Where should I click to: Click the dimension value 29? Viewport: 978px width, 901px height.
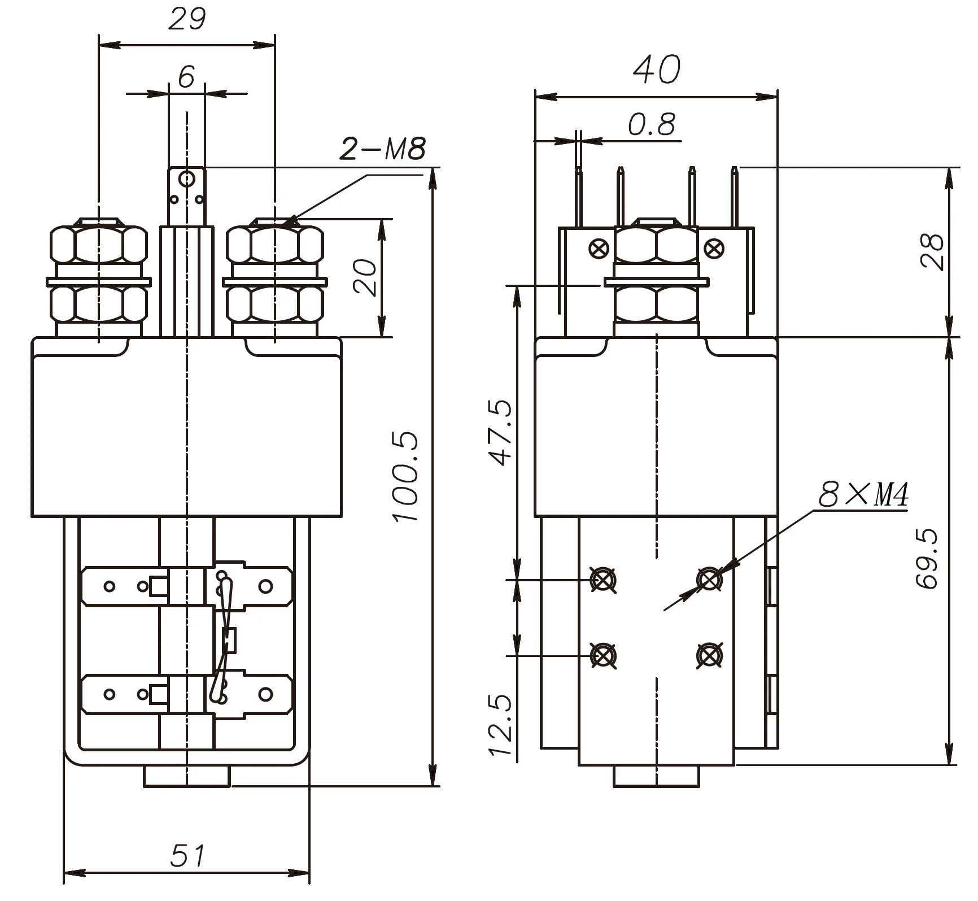[187, 20]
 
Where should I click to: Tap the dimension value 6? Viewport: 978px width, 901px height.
[186, 77]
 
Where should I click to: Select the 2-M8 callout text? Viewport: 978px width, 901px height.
[382, 150]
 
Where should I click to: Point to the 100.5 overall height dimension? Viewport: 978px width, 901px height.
[407, 476]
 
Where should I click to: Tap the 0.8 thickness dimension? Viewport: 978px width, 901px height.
[651, 125]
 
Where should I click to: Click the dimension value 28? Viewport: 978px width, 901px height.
[932, 251]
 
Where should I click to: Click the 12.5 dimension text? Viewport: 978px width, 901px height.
[500, 725]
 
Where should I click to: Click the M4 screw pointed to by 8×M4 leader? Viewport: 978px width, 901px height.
[709, 580]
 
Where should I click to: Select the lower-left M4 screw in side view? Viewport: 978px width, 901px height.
[602, 655]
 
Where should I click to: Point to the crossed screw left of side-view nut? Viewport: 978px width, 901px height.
[599, 248]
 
